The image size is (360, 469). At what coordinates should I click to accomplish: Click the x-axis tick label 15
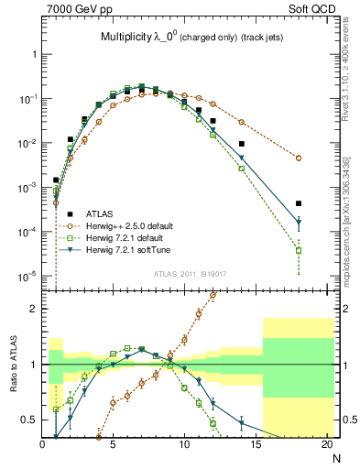click(x=255, y=445)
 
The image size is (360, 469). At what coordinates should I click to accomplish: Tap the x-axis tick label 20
click(x=325, y=445)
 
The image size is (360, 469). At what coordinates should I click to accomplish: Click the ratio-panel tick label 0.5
click(x=29, y=420)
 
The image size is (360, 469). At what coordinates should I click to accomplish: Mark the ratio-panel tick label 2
click(x=35, y=309)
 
